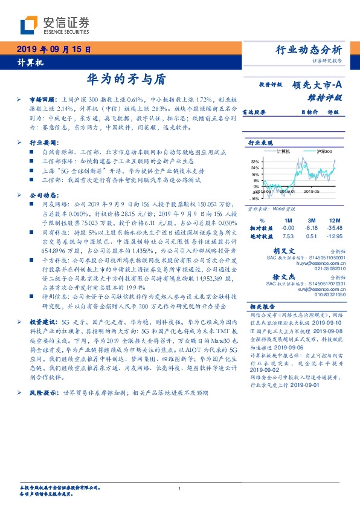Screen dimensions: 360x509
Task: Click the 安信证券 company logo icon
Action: point(29,25)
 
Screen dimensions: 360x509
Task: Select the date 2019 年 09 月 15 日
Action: point(53,50)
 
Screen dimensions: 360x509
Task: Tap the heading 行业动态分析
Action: point(309,50)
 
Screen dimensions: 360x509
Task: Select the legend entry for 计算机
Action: point(283,151)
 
